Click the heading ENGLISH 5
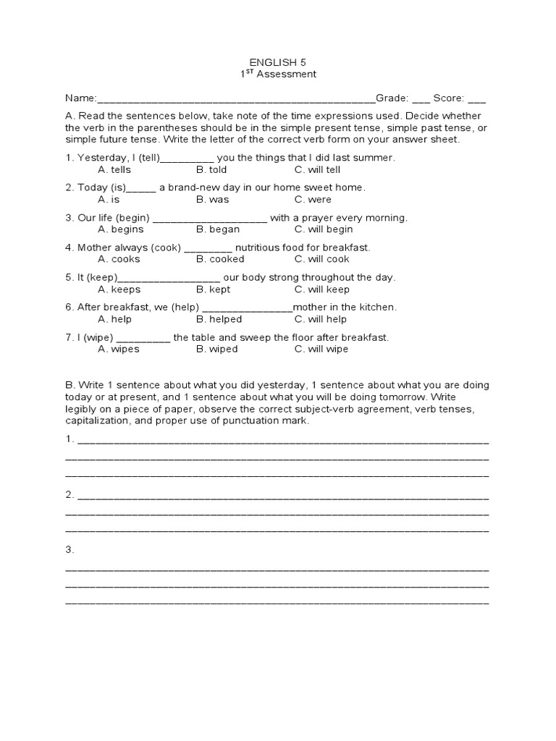[x=278, y=62]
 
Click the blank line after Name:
[x=235, y=98]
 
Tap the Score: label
[x=448, y=98]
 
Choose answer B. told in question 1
[x=211, y=170]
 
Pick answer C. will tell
[x=317, y=170]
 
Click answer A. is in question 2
[x=109, y=200]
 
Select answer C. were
[x=313, y=200]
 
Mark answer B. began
[x=215, y=229]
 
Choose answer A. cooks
[x=119, y=259]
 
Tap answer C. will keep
[x=321, y=289]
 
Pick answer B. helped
[x=219, y=319]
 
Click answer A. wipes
[x=119, y=349]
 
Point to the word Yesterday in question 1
[x=101, y=158]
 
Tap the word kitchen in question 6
[x=377, y=308]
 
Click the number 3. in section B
[x=70, y=550]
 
